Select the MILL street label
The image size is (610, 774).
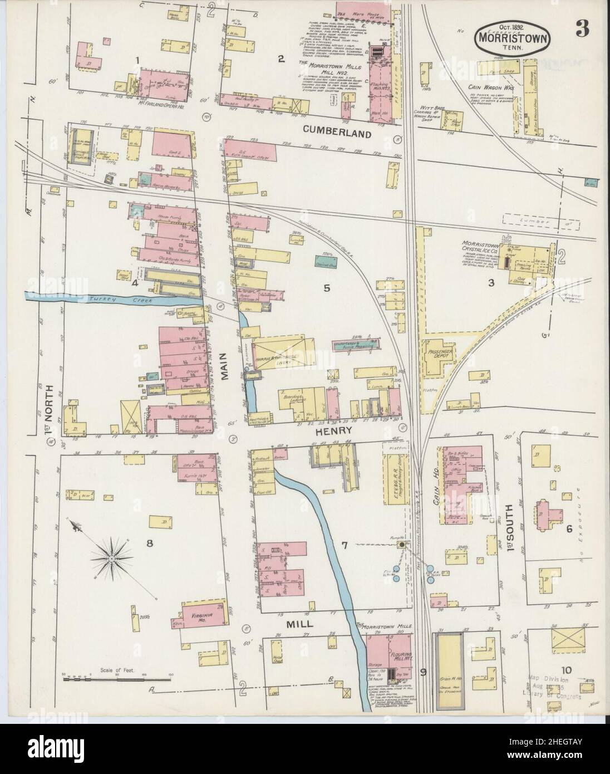coord(298,625)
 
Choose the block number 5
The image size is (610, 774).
coord(327,288)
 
